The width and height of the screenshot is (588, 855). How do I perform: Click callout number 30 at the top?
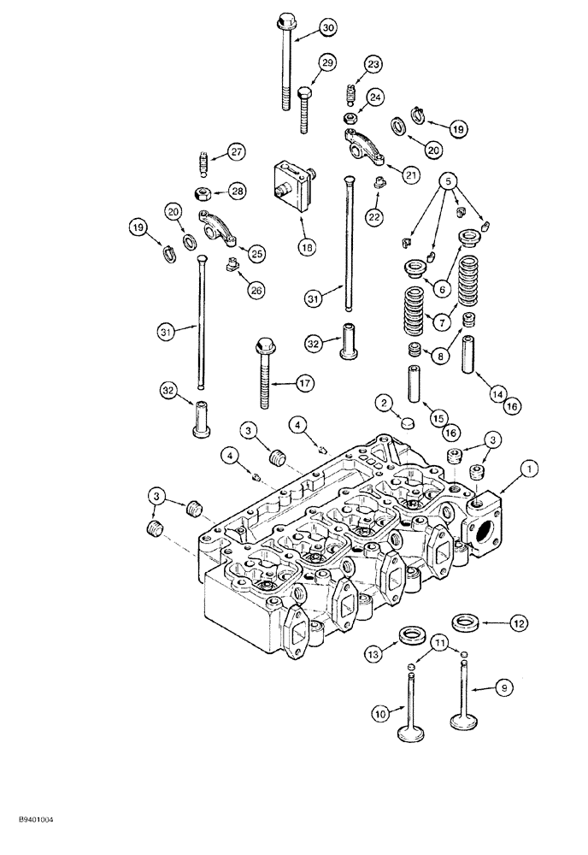[x=328, y=28]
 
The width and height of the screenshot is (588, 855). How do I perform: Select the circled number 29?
[x=327, y=62]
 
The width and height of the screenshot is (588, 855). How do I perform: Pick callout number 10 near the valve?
[x=379, y=712]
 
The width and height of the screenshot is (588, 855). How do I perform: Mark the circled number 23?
[x=373, y=65]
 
